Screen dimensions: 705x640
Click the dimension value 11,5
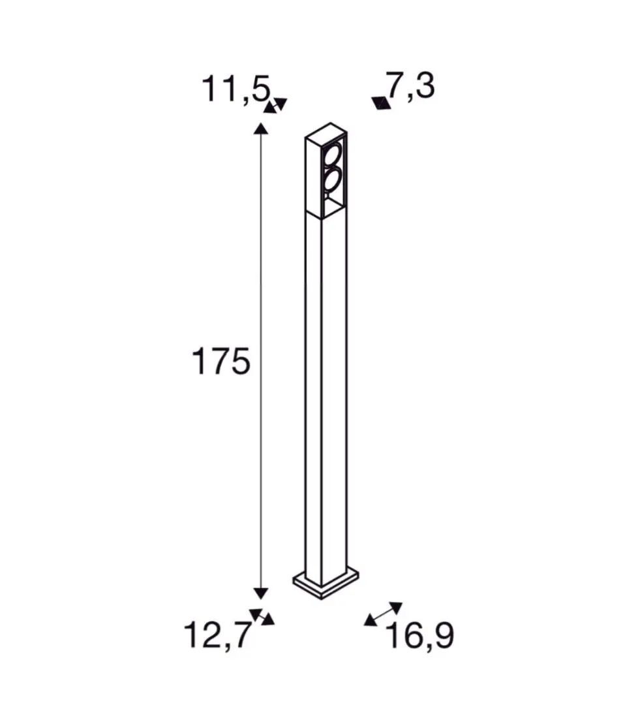(x=235, y=89)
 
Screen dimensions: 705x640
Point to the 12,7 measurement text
(x=218, y=634)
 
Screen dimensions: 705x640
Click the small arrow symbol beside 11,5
(x=275, y=105)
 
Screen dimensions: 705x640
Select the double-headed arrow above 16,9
(x=383, y=614)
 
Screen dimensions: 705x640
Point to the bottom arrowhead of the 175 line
(x=261, y=593)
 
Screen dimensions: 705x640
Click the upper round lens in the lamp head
(x=333, y=157)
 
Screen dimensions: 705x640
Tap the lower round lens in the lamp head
(x=333, y=179)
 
